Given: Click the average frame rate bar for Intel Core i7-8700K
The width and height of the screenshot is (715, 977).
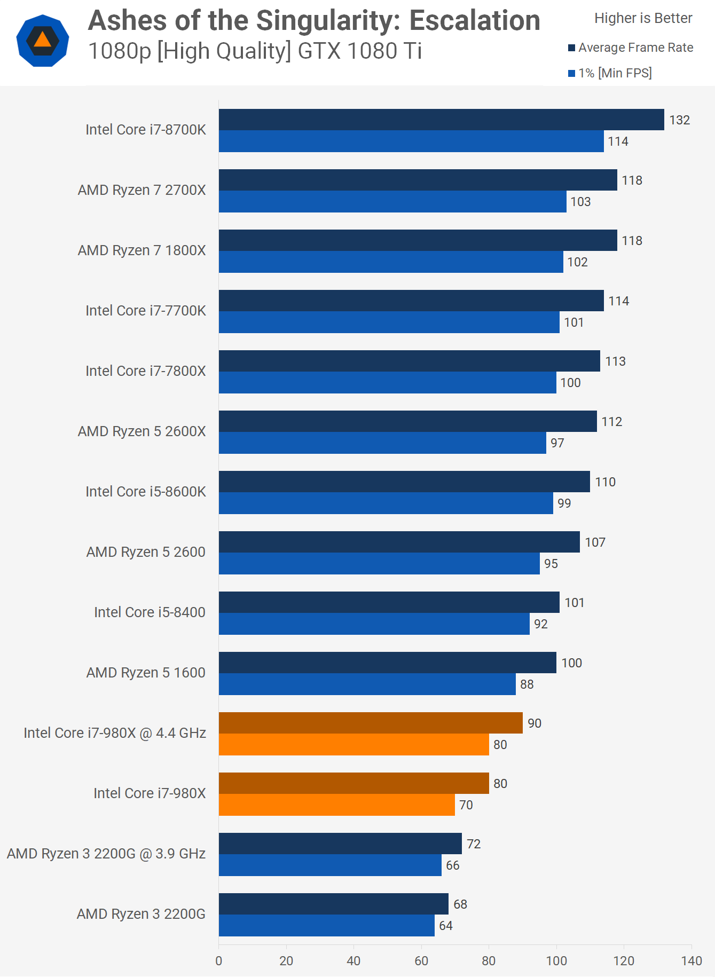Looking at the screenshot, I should pos(441,120).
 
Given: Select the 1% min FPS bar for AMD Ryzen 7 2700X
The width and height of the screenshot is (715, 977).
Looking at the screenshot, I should pos(392,202).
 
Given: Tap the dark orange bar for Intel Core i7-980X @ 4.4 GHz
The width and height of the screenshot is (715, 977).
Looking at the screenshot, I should pos(371,723).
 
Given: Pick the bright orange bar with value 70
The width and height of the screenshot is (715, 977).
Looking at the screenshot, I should pos(336,805).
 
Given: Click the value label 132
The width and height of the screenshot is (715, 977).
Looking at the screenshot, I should pos(679,120).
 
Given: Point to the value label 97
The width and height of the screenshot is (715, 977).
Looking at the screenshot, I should pos(557,443).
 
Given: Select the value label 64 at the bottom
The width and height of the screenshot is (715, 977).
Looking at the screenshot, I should pos(445,926).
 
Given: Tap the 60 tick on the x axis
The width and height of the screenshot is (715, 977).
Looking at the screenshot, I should pos(421,961).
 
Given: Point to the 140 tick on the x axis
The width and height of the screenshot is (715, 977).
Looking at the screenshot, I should pos(692,961).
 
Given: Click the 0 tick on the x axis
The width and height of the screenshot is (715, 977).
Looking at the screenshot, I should pos(219,961).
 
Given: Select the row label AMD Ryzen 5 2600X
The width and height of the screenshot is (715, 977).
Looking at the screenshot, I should pos(142,431).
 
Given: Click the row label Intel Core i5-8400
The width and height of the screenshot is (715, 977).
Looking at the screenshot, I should pos(150,612).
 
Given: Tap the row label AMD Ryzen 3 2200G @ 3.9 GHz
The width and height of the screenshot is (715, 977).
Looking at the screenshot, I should pos(106,854).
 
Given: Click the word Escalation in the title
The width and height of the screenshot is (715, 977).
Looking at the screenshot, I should pos(475,21).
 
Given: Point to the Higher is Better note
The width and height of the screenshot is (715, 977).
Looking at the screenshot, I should pos(643,18).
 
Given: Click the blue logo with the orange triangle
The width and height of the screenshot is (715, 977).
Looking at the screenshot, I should pos(43,41).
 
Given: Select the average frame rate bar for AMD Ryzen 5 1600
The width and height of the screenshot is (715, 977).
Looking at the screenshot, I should pos(387,663).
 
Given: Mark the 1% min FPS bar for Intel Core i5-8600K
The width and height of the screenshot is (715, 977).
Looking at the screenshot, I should pos(386,503).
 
